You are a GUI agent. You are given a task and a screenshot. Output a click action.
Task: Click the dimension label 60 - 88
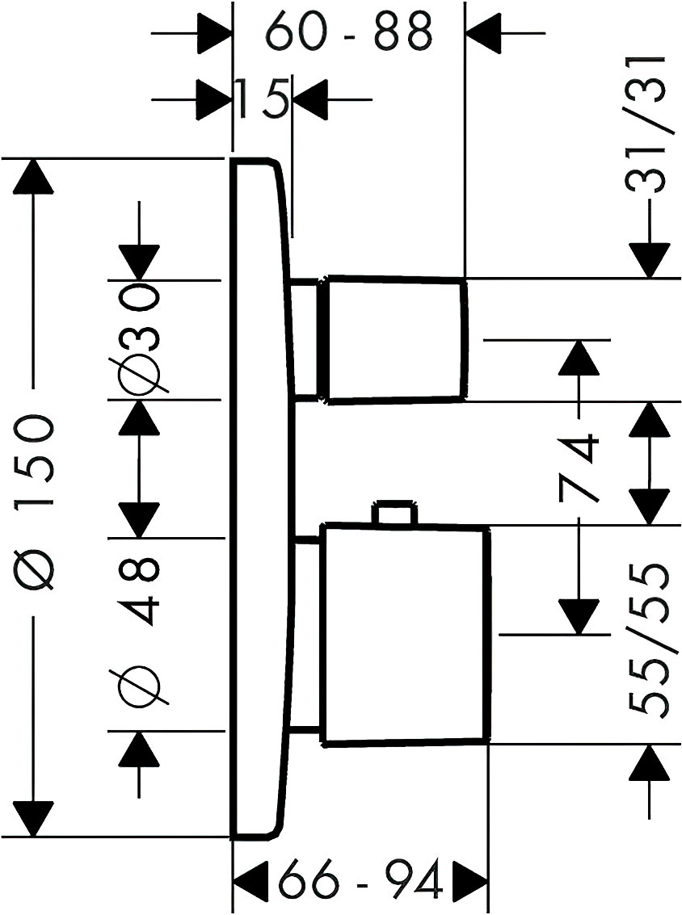point(349,34)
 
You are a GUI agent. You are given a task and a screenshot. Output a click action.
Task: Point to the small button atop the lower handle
point(395,513)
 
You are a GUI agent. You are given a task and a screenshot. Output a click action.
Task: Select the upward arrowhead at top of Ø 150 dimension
point(34,176)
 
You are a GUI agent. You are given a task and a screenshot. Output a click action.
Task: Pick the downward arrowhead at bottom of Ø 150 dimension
point(34,820)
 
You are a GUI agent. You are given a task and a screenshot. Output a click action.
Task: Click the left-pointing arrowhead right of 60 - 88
point(484,33)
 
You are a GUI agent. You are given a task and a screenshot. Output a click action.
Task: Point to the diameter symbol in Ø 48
point(139,686)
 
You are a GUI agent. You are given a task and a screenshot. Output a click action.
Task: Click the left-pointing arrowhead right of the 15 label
point(310,99)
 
